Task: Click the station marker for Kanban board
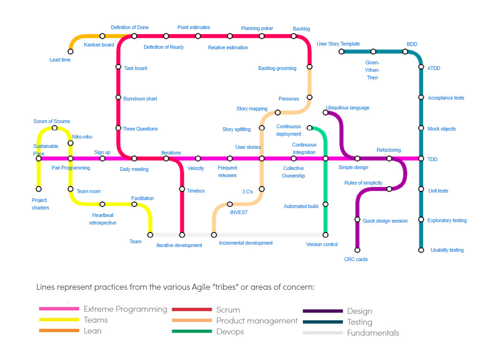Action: click(x=102, y=36)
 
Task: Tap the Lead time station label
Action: click(x=60, y=60)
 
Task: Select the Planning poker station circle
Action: click(x=261, y=36)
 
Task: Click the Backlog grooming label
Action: click(x=277, y=68)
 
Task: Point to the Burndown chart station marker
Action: click(x=118, y=97)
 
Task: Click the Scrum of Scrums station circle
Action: click(x=54, y=128)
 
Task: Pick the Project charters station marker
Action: click(x=38, y=189)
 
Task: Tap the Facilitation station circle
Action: click(x=134, y=204)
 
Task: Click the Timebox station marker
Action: click(x=182, y=189)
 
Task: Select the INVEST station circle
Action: click(x=230, y=204)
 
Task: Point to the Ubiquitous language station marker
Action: click(x=326, y=112)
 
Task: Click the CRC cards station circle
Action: click(x=357, y=250)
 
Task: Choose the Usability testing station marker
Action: click(x=421, y=250)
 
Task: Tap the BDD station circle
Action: click(x=405, y=52)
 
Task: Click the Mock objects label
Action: click(x=441, y=129)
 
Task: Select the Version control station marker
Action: click(x=326, y=235)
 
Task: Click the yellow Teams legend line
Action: click(x=59, y=320)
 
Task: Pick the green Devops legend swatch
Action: click(x=192, y=332)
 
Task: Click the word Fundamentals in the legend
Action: click(x=373, y=333)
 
